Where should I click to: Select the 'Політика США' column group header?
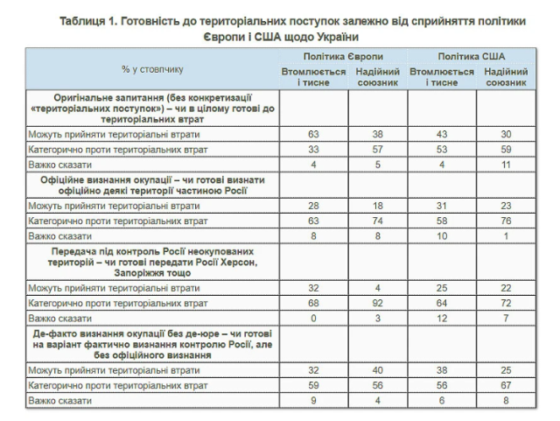point(472,55)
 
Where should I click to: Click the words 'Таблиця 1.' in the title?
point(93,19)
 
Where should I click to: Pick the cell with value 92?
point(378,302)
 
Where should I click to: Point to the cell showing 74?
point(378,221)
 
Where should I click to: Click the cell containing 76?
point(506,221)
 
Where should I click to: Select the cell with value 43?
point(442,133)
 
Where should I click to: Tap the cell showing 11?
point(506,163)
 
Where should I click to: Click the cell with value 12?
point(442,317)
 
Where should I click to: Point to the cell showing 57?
point(378,148)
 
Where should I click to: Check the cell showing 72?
point(506,302)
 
